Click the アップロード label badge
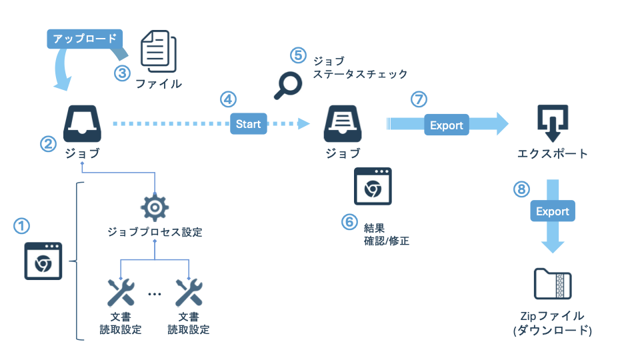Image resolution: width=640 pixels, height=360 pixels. point(84,39)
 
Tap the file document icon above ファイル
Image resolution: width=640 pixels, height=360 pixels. point(158,51)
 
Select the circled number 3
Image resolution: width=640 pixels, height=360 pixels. point(121,73)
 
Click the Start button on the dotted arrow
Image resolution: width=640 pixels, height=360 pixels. point(248,124)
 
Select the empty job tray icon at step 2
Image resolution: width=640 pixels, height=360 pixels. point(82,123)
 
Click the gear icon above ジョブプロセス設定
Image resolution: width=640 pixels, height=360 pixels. point(155,208)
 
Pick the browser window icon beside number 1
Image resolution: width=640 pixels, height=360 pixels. point(44,261)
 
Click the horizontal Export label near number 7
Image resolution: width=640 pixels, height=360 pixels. point(446,125)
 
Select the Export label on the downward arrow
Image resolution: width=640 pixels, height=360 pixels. point(553,211)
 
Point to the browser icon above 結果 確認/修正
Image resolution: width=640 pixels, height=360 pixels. point(373,186)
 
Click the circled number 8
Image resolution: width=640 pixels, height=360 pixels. point(522,189)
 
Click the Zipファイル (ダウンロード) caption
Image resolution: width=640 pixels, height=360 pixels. point(553,323)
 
